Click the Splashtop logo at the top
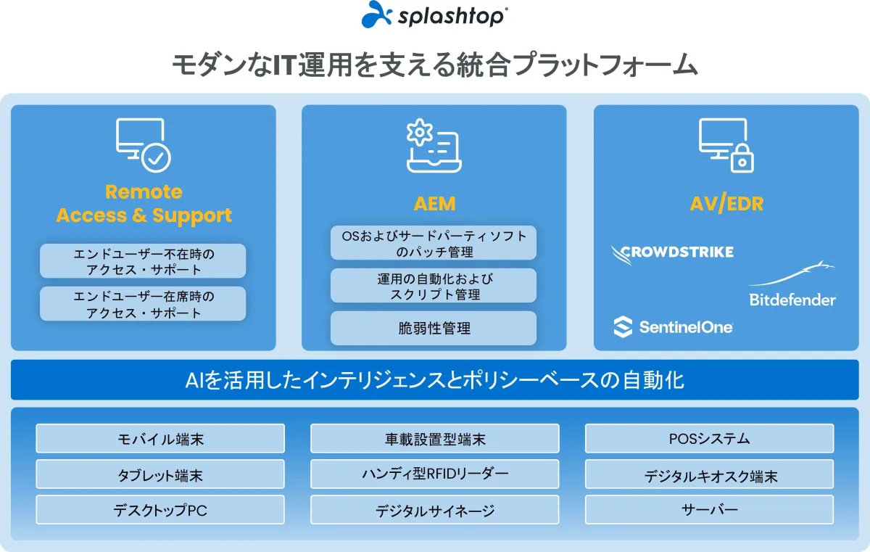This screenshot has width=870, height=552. (x=434, y=15)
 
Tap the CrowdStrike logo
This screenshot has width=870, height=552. (x=672, y=254)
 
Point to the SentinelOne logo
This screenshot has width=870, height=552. (x=673, y=327)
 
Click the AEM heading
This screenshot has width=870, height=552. (x=434, y=204)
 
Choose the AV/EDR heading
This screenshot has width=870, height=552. (x=726, y=204)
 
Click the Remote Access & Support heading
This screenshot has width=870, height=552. (x=144, y=204)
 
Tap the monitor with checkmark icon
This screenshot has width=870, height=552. (x=144, y=145)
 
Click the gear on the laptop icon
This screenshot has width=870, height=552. (x=420, y=132)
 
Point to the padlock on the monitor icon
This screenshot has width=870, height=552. (x=742, y=158)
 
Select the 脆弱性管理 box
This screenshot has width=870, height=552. (x=434, y=329)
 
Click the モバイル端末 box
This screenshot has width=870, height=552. (x=160, y=439)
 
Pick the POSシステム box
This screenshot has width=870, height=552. (x=709, y=439)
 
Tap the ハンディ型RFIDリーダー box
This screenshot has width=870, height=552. (x=434, y=474)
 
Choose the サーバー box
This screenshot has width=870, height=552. (x=709, y=510)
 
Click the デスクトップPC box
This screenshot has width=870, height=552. (x=160, y=510)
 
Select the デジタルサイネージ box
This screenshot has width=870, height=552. (x=434, y=510)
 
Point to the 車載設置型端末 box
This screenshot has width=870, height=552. (x=434, y=439)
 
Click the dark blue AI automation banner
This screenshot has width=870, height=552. (x=434, y=380)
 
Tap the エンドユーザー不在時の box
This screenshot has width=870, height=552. (x=143, y=260)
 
